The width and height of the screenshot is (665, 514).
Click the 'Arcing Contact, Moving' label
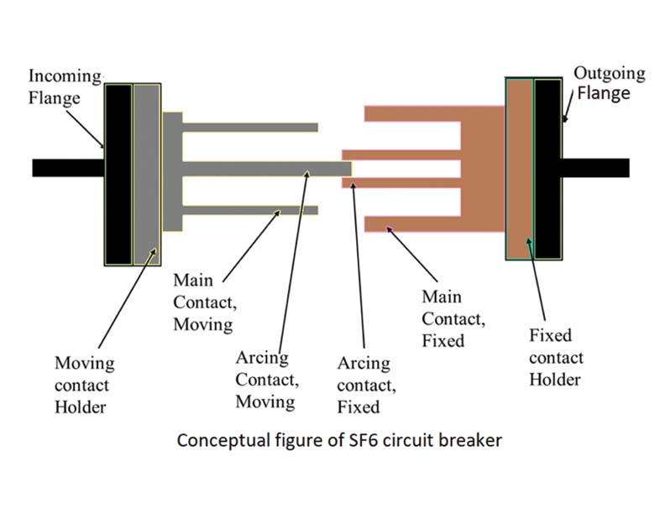coord(265,380)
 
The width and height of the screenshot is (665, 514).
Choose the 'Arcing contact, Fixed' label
coord(364,385)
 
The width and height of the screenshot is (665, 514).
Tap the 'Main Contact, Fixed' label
coord(454,318)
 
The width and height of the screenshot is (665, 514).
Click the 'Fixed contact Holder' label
coord(556,358)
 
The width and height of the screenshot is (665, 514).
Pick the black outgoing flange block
coord(547,169)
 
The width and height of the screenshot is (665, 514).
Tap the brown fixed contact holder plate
coord(520,169)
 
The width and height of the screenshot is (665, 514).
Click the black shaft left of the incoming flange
coord(67,168)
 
